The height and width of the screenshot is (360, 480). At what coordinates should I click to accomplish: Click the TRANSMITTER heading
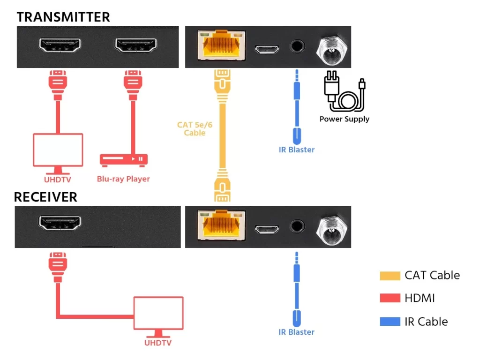tap(63, 17)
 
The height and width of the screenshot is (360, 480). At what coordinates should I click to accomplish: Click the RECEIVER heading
tap(45, 197)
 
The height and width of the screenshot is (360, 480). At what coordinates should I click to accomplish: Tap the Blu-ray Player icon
tap(124, 159)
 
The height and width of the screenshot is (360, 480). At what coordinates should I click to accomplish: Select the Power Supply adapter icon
tap(345, 91)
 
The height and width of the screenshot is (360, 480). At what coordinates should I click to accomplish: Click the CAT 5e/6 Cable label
tap(192, 129)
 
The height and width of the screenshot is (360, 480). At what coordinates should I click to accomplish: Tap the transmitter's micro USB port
tap(267, 49)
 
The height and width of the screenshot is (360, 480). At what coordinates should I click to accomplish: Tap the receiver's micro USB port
tap(267, 229)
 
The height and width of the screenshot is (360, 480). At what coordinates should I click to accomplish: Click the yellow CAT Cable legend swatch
tap(390, 276)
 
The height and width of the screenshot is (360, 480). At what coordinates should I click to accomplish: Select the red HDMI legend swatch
tap(390, 298)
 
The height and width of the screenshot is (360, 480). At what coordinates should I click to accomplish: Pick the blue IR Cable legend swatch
tap(390, 322)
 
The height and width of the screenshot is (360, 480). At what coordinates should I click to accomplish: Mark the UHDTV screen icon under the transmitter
tap(58, 150)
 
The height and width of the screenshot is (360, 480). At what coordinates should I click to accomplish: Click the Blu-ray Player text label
tap(123, 179)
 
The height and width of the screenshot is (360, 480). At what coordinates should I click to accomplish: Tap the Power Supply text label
tap(345, 119)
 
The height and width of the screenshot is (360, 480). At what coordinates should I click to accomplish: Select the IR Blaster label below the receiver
tap(296, 332)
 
